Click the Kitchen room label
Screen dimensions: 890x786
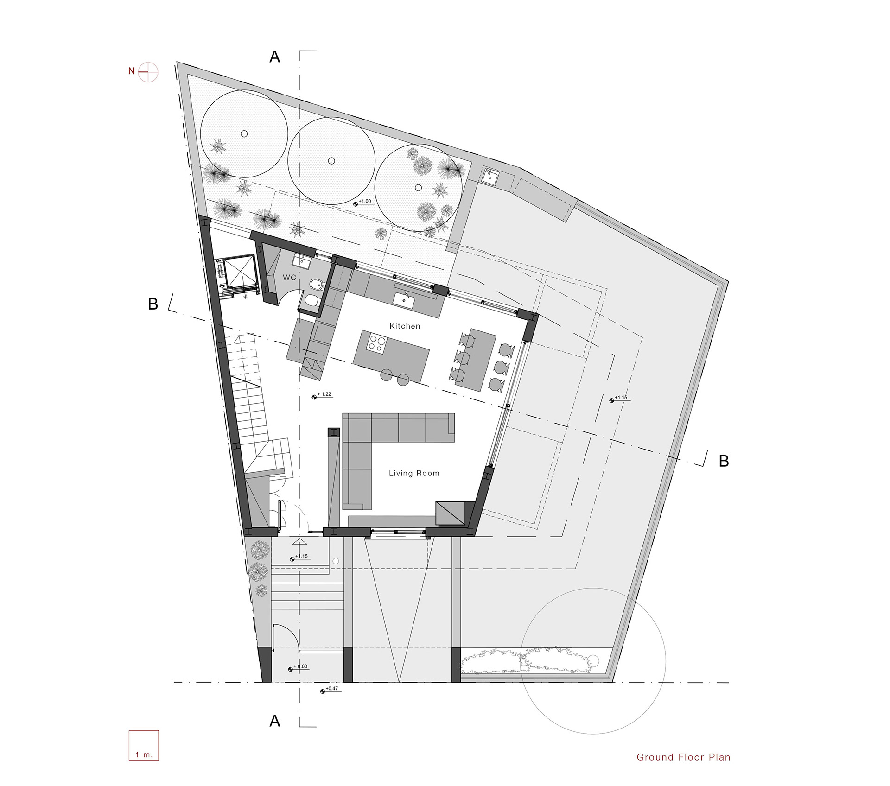click(405, 326)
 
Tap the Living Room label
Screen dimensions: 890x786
click(414, 473)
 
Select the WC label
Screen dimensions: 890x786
click(289, 278)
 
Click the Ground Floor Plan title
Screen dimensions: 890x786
click(683, 757)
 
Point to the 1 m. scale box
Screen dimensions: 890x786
click(144, 745)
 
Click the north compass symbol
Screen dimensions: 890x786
click(148, 72)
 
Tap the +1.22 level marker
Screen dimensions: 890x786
click(322, 395)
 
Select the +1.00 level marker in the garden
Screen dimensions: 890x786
click(363, 202)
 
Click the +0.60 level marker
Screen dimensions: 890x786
click(298, 667)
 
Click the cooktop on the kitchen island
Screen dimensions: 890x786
click(376, 343)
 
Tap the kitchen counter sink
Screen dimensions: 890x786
click(404, 299)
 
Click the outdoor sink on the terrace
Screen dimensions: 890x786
click(490, 176)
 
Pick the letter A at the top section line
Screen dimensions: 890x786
click(275, 57)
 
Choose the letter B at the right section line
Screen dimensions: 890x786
click(724, 461)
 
